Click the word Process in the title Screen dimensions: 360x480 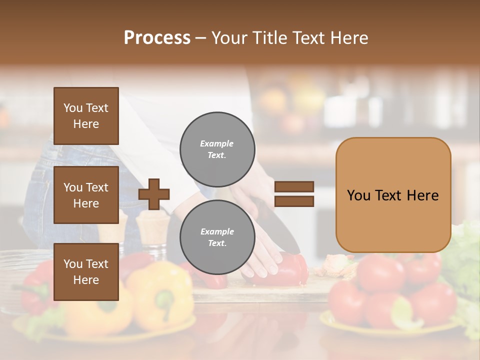click(157, 38)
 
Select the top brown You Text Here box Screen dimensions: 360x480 click(86, 116)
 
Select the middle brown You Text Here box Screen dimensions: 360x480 click(86, 195)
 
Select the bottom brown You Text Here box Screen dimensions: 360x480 click(86, 271)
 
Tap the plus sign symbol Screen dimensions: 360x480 click(154, 193)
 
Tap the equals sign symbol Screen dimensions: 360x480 click(294, 194)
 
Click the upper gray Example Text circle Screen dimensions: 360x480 click(217, 149)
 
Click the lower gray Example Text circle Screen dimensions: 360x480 click(217, 237)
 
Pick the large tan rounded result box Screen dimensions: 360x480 click(393, 195)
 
